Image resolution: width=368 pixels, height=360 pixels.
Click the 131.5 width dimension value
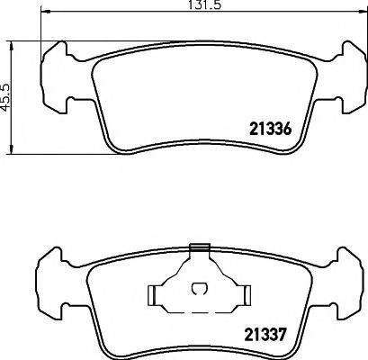coord(204,4)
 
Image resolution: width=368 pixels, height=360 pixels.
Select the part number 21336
coord(270,130)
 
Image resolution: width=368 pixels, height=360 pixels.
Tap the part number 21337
coord(265,335)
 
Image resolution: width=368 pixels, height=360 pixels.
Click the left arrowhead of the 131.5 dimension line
coord(44,12)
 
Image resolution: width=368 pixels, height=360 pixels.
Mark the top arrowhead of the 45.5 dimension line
coord(12,46)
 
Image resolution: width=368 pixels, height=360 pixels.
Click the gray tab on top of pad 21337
coord(199,247)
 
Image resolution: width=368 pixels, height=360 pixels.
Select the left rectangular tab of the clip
coord(152,295)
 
